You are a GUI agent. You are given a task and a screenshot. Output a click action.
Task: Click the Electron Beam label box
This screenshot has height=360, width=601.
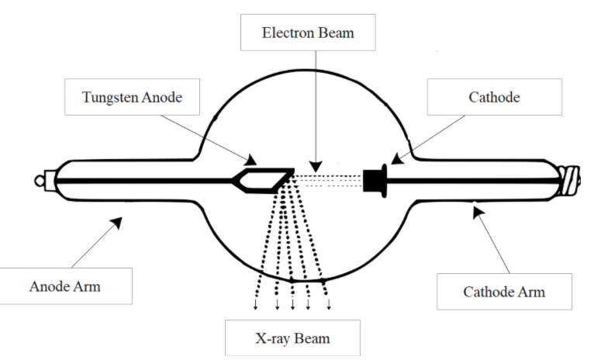[x=308, y=34]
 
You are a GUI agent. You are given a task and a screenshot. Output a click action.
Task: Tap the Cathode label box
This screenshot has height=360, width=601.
[x=494, y=97]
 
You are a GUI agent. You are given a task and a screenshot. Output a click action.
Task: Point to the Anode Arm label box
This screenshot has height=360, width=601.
[x=65, y=286]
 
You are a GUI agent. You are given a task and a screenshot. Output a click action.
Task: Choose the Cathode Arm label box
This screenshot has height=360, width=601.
[x=503, y=292]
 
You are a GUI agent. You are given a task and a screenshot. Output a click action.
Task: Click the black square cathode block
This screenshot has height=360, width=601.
[x=374, y=180]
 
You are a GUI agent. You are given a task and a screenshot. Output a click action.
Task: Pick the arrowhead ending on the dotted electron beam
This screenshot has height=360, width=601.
[x=315, y=167]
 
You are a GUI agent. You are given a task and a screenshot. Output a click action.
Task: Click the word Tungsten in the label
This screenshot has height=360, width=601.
[x=109, y=97]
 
